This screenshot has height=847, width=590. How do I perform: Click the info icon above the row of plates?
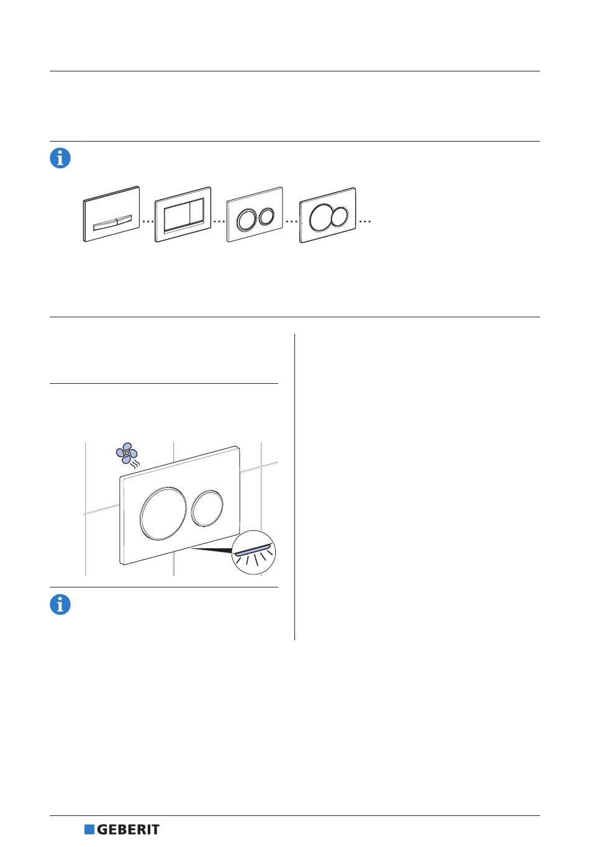(60, 158)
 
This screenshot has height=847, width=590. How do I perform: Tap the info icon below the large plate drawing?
(60, 604)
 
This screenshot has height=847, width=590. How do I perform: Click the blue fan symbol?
(126, 453)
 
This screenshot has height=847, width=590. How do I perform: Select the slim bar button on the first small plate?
(112, 223)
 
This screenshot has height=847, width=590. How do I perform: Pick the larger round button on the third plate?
(247, 219)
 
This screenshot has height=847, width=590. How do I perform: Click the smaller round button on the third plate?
(266, 216)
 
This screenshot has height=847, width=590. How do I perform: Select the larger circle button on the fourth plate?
(321, 217)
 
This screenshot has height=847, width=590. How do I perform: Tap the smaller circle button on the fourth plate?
(340, 217)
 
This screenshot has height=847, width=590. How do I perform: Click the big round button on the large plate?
(163, 513)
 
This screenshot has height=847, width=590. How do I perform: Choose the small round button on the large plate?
(207, 508)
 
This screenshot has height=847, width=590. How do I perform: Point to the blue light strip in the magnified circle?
(253, 550)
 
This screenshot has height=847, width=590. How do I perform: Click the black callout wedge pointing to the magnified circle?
(211, 550)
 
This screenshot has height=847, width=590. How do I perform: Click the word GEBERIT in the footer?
(128, 830)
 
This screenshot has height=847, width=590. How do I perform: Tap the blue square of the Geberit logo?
(89, 830)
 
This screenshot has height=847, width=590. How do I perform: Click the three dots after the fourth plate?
(365, 221)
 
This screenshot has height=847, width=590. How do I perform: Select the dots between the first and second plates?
(148, 221)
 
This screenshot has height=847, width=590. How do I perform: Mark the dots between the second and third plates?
(219, 221)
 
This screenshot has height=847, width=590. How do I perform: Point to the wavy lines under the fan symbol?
(134, 464)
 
